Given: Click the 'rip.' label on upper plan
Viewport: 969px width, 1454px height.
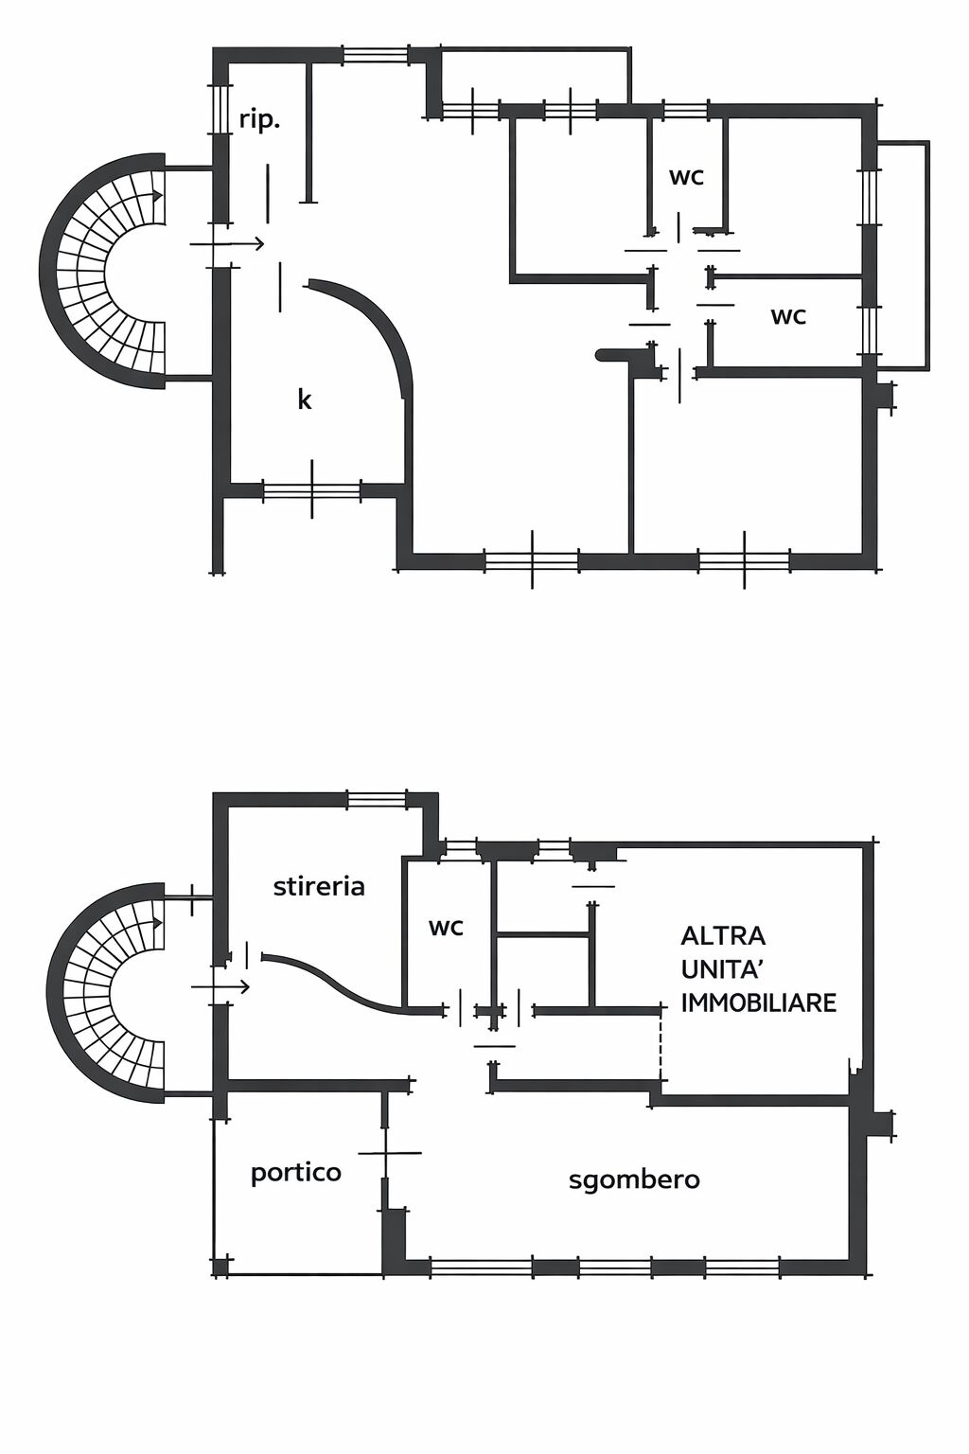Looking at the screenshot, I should [259, 121].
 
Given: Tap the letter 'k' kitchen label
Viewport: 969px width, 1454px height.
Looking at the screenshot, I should [305, 399].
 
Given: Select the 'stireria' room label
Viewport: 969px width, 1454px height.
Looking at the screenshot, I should [319, 887].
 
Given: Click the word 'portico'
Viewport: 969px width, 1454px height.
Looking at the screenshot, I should [295, 1173].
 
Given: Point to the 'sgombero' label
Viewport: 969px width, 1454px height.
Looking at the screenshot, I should [634, 1179].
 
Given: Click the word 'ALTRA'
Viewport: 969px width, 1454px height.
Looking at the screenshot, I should [723, 936].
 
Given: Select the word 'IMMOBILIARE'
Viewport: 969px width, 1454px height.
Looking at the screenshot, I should [759, 1002].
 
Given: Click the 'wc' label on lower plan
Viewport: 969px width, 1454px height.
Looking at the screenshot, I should [446, 927].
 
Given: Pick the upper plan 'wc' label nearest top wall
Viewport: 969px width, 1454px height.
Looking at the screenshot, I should [686, 176].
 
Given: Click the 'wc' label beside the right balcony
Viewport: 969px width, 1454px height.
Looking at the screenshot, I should [787, 315].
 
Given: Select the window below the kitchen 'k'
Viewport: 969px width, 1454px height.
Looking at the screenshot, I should [311, 490].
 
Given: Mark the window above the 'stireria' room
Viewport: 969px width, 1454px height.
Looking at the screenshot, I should [377, 800].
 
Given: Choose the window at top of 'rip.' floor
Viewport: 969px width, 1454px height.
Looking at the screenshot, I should [376, 55].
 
